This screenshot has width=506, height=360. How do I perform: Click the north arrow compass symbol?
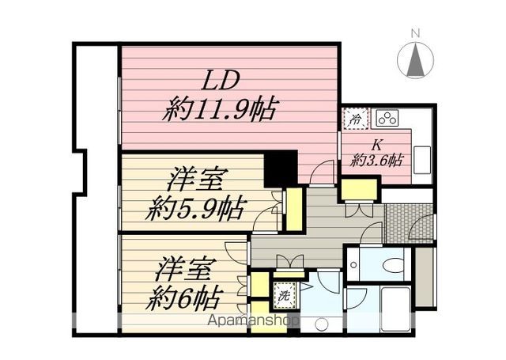click(x=414, y=60)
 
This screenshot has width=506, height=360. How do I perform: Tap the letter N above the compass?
click(x=414, y=32)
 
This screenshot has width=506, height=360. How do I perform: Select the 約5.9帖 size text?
click(x=195, y=209)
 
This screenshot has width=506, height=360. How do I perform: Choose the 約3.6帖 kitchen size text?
click(x=377, y=159)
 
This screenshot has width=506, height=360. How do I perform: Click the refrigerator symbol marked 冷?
click(x=355, y=120)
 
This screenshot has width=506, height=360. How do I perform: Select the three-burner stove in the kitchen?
click(x=387, y=119)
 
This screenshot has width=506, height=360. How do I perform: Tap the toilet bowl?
click(x=389, y=264)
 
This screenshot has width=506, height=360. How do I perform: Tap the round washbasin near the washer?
click(x=321, y=324)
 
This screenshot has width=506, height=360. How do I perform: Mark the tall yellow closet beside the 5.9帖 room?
click(x=294, y=207)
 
